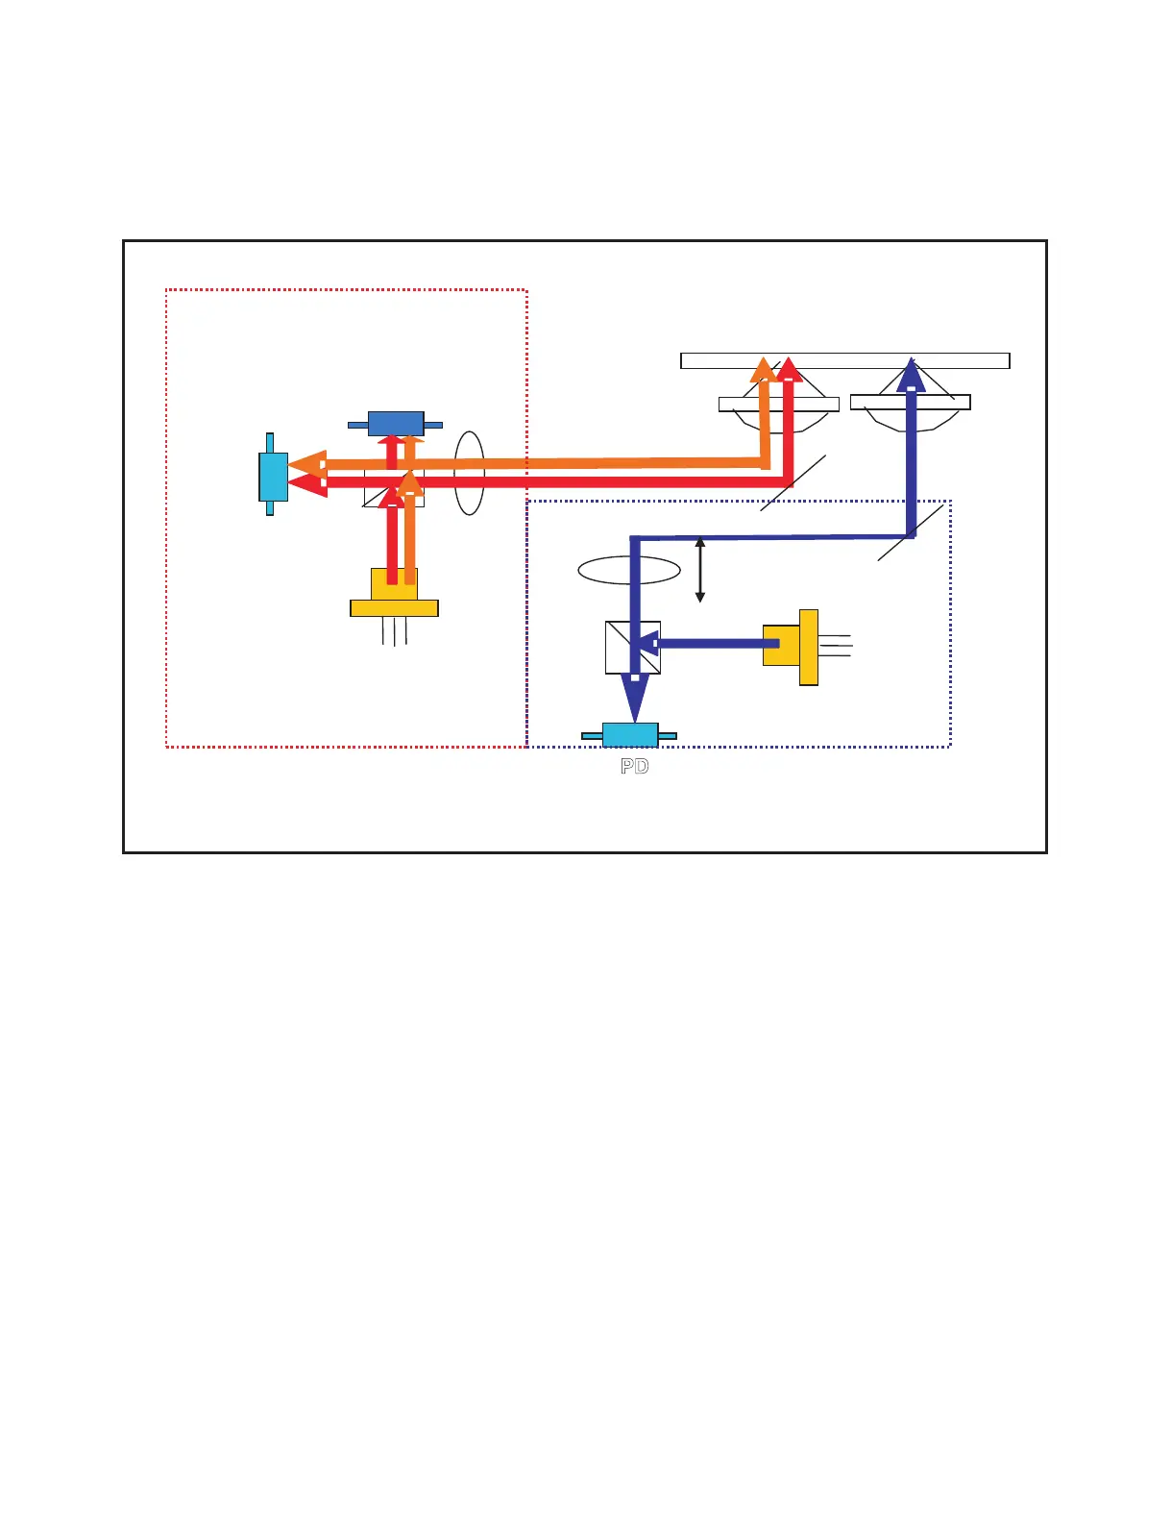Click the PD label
[x=634, y=766]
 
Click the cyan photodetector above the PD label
[x=630, y=735]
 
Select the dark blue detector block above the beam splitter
[x=396, y=424]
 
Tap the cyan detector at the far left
[x=273, y=477]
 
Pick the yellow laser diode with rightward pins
[x=792, y=646]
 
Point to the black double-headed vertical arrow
[x=700, y=570]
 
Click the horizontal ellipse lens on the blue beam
[x=629, y=570]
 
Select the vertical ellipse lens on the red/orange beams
[x=470, y=473]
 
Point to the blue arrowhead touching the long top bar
[x=912, y=375]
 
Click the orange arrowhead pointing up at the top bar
[x=765, y=371]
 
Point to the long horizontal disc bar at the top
[x=844, y=360]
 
